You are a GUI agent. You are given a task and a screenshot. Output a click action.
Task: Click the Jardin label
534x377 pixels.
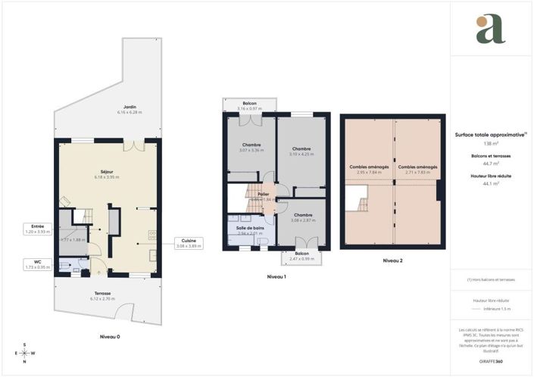(130, 110)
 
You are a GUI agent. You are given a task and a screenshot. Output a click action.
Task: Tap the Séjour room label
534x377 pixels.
(107, 174)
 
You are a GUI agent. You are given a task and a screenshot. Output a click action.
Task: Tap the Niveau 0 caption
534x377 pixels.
(110, 336)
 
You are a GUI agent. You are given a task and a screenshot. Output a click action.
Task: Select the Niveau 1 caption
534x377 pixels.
(276, 277)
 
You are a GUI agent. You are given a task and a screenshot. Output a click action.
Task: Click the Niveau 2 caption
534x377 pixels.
(392, 260)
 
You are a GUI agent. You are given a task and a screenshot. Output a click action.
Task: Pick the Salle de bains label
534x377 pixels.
(249, 230)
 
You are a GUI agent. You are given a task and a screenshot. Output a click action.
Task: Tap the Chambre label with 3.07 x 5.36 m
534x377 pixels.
(251, 148)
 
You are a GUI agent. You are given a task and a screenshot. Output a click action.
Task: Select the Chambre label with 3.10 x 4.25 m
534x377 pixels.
(301, 151)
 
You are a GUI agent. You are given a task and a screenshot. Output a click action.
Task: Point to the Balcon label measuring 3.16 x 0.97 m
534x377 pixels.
(249, 106)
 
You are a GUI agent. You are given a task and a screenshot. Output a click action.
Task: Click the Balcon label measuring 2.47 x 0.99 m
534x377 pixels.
(301, 256)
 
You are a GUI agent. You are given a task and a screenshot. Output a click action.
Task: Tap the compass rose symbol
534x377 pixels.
(25, 353)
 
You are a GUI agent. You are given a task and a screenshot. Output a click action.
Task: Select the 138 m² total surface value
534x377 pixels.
(490, 143)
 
